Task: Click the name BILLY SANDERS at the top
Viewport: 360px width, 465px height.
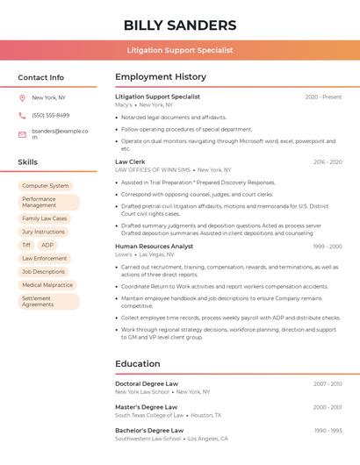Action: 180,25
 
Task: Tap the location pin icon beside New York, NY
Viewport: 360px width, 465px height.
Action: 22,97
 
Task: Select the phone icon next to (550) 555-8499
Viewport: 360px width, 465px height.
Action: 22,115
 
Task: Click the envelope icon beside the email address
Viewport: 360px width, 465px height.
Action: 22,134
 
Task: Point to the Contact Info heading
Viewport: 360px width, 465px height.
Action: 41,77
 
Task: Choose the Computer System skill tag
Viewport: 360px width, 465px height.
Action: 45,186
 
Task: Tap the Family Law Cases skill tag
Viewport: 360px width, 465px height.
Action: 45,218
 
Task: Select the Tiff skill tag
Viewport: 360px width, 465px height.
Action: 26,246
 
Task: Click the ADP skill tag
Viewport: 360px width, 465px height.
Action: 47,246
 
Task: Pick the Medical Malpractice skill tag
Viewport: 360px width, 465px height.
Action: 47,285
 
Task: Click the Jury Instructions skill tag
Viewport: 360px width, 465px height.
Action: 44,232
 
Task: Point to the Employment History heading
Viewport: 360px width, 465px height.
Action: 161,77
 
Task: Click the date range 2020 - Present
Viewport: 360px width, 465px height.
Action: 323,97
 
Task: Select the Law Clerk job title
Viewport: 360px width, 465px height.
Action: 130,161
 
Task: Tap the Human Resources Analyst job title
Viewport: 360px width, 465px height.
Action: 154,247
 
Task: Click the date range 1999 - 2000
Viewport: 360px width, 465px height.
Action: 327,247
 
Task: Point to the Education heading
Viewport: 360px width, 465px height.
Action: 137,364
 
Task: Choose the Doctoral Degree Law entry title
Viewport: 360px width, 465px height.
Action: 146,383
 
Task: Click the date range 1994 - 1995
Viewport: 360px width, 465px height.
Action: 327,407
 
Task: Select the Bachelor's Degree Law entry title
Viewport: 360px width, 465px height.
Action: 148,431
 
